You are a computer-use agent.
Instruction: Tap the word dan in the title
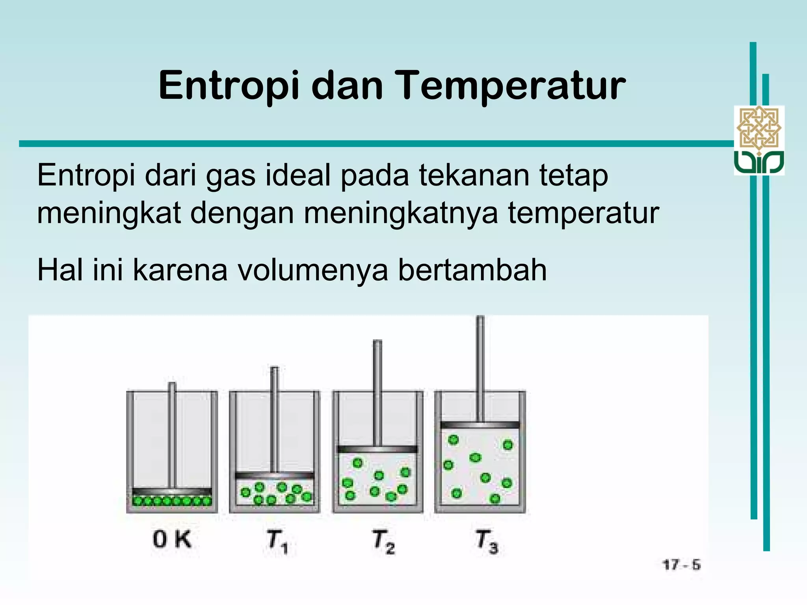347,86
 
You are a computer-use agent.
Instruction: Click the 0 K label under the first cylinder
172,539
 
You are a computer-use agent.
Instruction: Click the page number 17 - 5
682,565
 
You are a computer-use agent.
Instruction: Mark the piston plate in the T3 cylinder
480,425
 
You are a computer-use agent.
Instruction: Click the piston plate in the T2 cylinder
377,449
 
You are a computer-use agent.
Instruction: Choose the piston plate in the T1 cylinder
275,475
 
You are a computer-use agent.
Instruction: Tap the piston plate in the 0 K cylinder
172,492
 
